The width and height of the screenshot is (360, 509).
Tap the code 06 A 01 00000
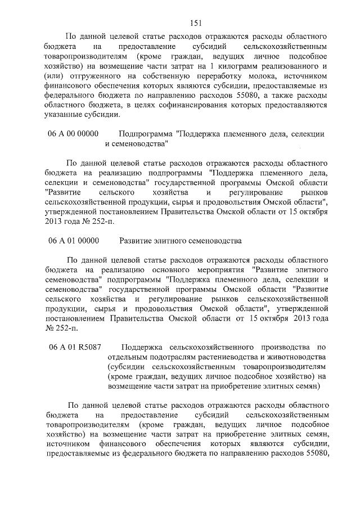[x=74, y=241]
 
